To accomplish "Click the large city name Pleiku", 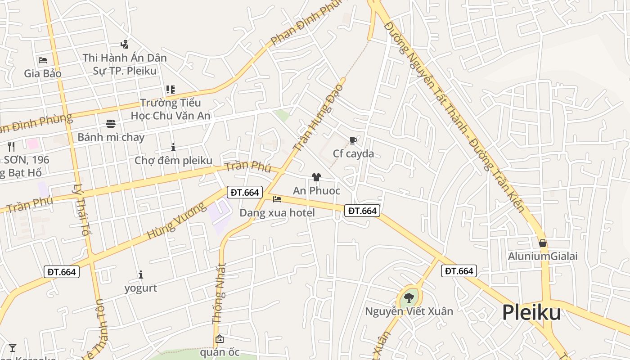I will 531,312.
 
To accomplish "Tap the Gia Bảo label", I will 43,73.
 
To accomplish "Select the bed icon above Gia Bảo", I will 43,60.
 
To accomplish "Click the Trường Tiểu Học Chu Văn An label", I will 171,109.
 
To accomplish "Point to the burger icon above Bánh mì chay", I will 111,123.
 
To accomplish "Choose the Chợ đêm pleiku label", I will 173,160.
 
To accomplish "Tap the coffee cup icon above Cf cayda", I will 353,141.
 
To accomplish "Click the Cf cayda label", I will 353,153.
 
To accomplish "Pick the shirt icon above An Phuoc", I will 316,177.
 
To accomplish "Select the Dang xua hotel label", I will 277,212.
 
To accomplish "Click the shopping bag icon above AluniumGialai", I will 543,243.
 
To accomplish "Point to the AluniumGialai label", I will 543,256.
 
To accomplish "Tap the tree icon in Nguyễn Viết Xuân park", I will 409,297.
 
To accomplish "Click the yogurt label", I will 141,288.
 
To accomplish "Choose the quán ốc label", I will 220,352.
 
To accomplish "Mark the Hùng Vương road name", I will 176,221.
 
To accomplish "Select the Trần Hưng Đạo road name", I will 318,117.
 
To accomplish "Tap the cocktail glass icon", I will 13,347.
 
